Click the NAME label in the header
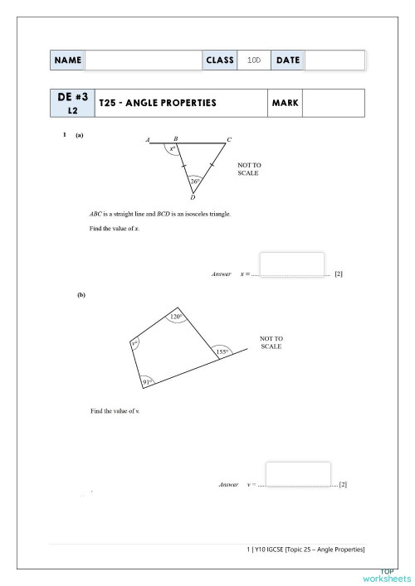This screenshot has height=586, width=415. pos(68,61)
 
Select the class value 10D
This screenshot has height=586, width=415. pos(254,61)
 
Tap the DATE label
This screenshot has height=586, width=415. pos(287,61)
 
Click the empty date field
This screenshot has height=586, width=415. pos(334,61)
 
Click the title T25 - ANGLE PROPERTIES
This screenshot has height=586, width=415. pos(157,104)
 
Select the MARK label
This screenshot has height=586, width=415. pos(285,104)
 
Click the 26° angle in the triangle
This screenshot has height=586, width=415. pos(195,181)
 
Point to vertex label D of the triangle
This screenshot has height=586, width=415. pos(193,199)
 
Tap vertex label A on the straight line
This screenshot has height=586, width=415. pos(148,139)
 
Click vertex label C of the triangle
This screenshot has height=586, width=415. pos(229,139)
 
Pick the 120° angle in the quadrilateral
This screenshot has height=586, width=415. pos(176,317)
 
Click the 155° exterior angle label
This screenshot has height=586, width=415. pos(222,352)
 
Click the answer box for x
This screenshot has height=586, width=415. pos(292,264)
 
